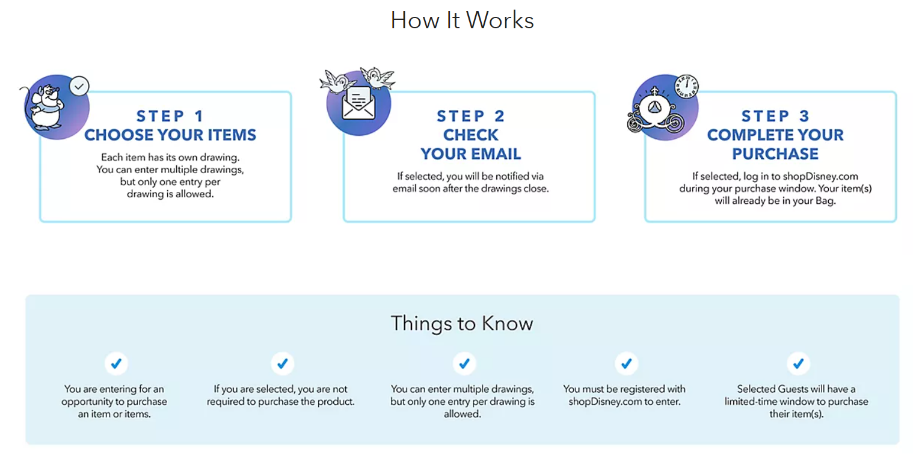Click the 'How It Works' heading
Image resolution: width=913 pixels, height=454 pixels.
pos(462,20)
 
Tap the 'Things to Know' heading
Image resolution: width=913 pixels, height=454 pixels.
pos(462,324)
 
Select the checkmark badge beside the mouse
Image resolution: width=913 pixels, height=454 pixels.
pos(79,87)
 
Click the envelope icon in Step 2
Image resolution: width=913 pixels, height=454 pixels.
pos(358,103)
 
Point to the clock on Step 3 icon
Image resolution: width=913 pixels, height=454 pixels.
pos(686,87)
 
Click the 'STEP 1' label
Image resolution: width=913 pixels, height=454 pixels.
pos(170,117)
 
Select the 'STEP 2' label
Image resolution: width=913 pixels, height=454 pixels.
pos(471,117)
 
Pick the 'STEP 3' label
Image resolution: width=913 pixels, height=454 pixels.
pos(775,117)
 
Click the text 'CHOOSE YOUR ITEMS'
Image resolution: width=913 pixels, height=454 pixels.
pos(170,135)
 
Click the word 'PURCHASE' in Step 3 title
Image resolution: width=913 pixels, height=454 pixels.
pos(775,154)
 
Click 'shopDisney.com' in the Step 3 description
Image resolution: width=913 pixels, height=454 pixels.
pos(820,176)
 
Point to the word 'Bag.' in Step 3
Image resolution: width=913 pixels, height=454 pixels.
pos(825,201)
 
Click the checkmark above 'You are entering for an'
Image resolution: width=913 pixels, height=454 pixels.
pos(116,363)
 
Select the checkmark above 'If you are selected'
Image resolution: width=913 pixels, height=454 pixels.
pos(283,363)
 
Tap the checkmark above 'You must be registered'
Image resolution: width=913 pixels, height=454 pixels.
pos(627,363)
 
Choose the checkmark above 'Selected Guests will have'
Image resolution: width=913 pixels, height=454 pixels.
pos(799,363)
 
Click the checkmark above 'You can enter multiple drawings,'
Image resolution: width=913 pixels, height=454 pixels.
pos(464,363)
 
